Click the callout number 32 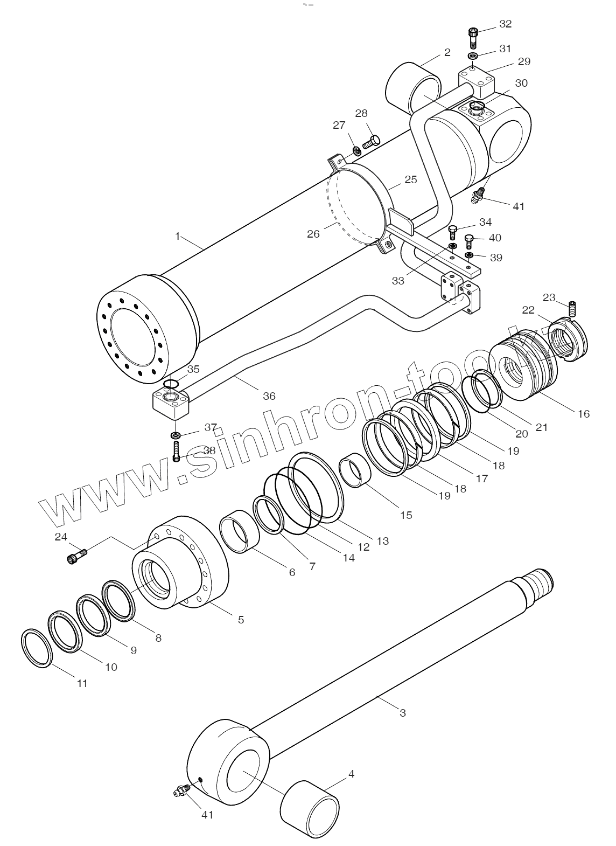505,24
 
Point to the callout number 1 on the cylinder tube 177,236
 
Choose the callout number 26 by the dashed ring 313,234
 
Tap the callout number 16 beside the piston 584,414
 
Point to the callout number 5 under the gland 241,620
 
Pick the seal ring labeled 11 37,648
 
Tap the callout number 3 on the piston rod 403,712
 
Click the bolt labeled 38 177,450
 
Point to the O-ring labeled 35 171,384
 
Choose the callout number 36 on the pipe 269,396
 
